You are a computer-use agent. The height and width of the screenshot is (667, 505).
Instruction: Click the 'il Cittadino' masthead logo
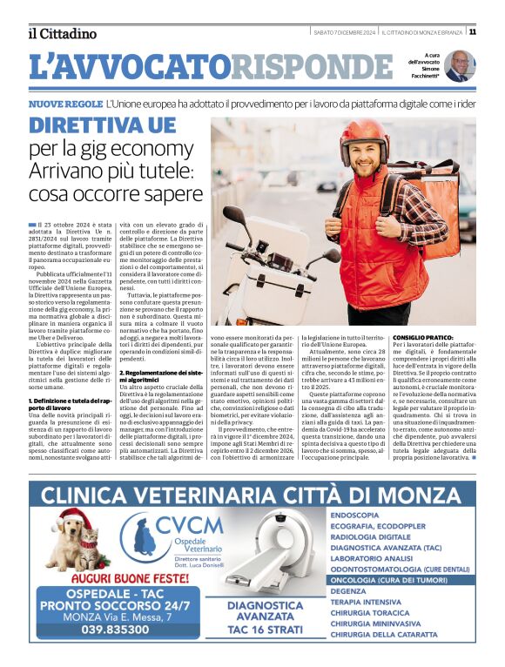click(61, 33)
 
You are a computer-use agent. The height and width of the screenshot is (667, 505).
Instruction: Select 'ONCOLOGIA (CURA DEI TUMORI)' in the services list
click(401, 577)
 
